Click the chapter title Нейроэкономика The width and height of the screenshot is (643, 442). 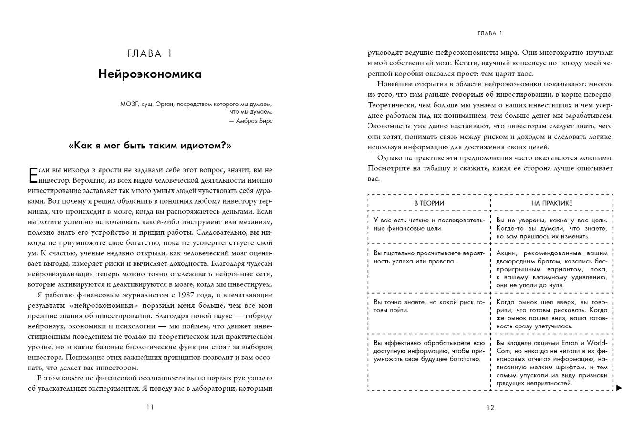coord(150,74)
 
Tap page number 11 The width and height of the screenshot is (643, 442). coord(150,407)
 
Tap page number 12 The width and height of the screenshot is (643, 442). coord(490,407)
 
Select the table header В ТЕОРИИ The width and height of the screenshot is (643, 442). coord(429,203)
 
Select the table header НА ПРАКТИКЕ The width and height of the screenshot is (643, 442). coord(551,203)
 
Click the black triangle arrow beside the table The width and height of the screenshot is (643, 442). coord(619,388)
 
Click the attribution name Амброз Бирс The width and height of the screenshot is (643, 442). coord(254,121)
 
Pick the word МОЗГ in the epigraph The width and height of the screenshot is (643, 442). coord(129,103)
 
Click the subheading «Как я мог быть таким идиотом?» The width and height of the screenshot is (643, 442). coord(150,146)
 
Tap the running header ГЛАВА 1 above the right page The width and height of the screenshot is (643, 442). coord(490,33)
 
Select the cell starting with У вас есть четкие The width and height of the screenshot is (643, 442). coord(429,224)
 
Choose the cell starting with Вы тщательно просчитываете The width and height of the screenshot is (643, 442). coord(429,257)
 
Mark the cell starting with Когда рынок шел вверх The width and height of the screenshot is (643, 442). coord(551,314)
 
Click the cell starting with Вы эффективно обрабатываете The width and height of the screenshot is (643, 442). coord(429,351)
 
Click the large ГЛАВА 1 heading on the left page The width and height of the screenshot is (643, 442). coord(150,53)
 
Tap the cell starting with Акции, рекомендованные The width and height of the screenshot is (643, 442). coord(551,269)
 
